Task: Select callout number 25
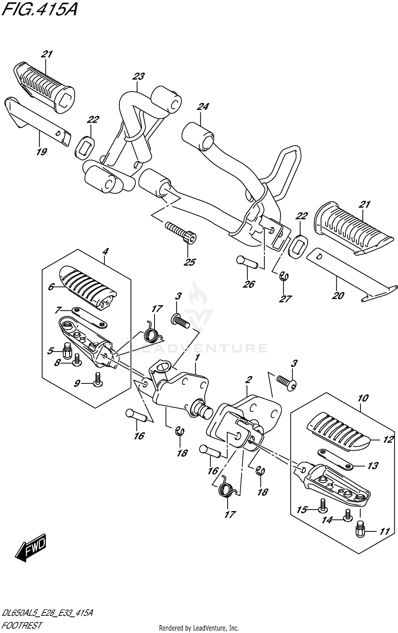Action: tap(190, 262)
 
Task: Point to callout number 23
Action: tap(139, 77)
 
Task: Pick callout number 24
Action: tap(203, 107)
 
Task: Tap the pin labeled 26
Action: tap(247, 261)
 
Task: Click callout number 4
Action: tap(105, 251)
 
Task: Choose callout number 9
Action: tap(77, 384)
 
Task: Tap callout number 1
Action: tap(197, 358)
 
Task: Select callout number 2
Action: tap(248, 380)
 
